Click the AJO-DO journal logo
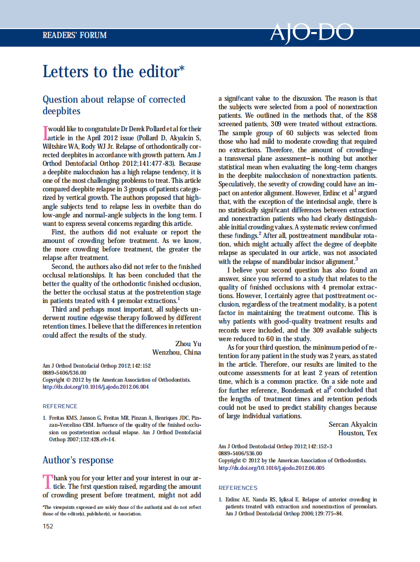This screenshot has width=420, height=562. (x=311, y=33)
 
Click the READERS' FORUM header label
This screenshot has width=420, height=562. (x=75, y=35)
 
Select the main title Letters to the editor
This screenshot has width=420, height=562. (x=113, y=72)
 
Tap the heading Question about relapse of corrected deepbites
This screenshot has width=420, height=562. (x=114, y=105)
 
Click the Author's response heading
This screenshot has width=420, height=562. (x=78, y=460)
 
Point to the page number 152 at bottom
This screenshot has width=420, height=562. (x=48, y=525)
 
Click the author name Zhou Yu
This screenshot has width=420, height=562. (x=188, y=344)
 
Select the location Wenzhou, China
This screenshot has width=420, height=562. (x=176, y=352)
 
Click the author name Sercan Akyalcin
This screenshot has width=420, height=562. (x=353, y=424)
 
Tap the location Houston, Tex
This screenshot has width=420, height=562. (x=357, y=433)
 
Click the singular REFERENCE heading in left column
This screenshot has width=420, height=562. (x=60, y=406)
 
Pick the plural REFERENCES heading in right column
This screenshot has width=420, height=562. (x=238, y=488)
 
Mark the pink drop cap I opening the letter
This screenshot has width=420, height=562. (x=45, y=133)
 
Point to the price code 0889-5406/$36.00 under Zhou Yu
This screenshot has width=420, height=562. (x=64, y=373)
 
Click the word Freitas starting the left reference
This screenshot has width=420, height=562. (x=59, y=418)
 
